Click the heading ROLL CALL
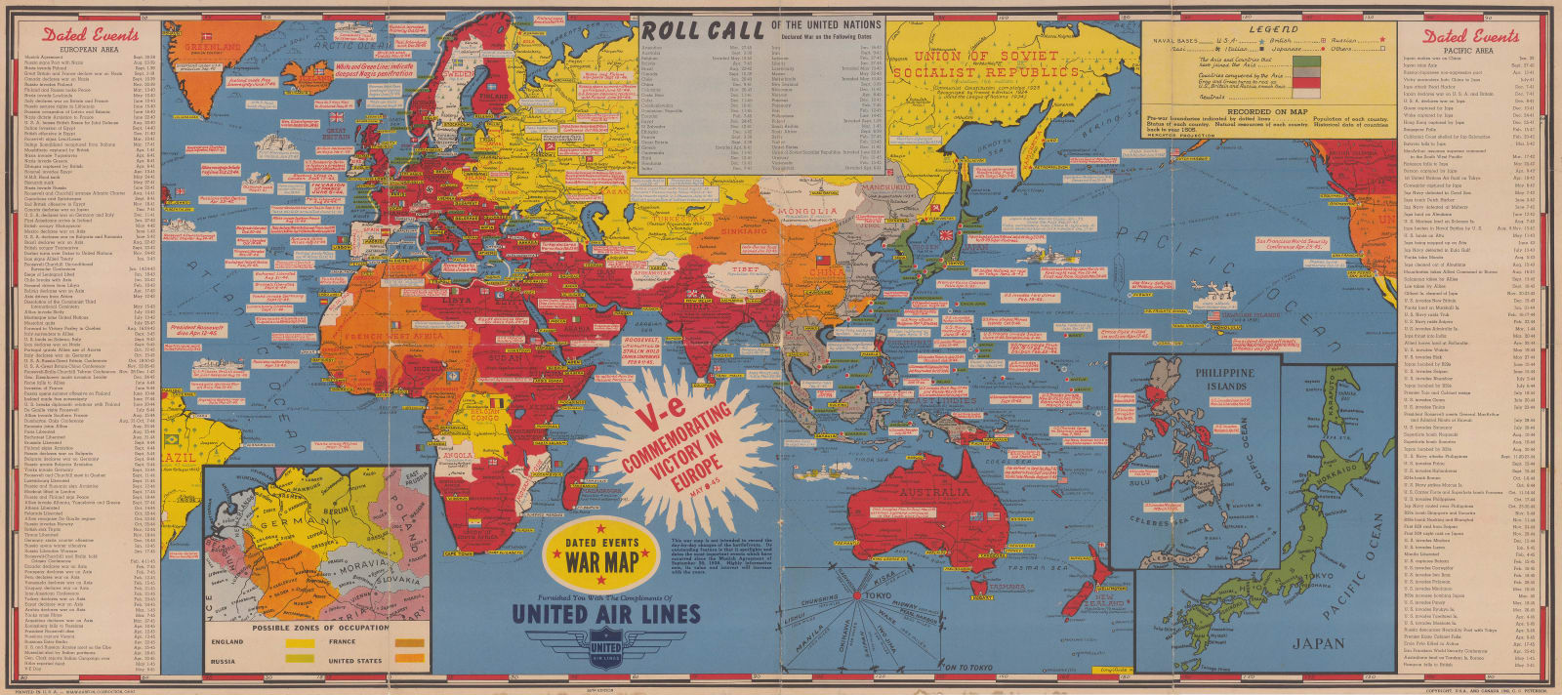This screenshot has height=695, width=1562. click(x=703, y=30)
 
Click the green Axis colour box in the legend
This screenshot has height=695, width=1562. click(x=1305, y=61)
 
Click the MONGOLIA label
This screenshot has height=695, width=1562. click(x=806, y=212)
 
